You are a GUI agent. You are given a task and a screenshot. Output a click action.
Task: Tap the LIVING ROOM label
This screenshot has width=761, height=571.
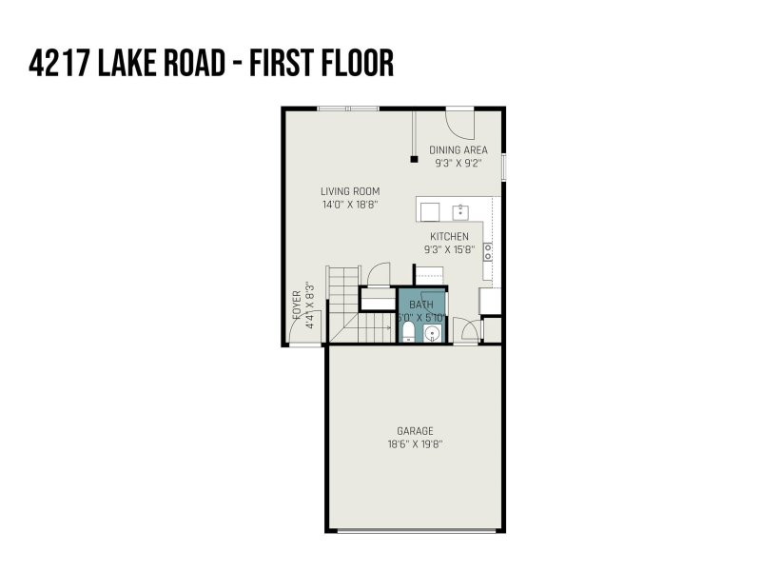(x=350, y=191)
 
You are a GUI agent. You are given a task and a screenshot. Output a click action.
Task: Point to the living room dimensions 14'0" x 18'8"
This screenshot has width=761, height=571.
(x=350, y=204)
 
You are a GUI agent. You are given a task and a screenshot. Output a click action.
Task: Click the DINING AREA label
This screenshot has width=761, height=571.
(x=459, y=149)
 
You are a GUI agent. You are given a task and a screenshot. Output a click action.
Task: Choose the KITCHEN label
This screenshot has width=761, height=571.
(x=449, y=236)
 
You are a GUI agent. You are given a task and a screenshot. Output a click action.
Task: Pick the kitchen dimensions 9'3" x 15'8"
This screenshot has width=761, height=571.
(x=449, y=249)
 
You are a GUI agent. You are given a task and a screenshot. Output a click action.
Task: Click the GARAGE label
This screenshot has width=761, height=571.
(x=417, y=431)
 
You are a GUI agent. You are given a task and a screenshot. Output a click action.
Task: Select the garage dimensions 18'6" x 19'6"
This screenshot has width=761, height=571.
(x=417, y=443)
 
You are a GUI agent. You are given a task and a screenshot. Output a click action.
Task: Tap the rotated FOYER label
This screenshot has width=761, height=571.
(x=297, y=308)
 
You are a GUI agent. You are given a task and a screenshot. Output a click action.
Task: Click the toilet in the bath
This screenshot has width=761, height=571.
(x=408, y=331)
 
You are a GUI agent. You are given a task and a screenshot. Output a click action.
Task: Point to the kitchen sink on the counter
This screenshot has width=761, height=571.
(x=460, y=210)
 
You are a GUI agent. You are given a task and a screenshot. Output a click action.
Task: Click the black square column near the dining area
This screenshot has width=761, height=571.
(x=413, y=159)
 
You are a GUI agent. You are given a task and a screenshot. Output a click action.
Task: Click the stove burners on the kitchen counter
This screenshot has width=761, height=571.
(x=488, y=251)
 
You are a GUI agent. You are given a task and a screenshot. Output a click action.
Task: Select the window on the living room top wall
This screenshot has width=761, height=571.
(x=348, y=108)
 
